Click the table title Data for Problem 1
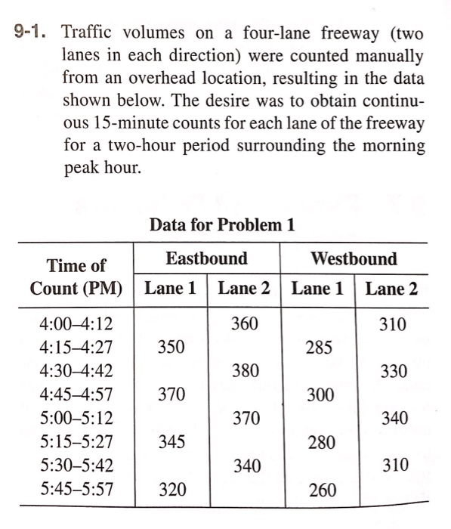click(222, 225)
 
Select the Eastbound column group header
click(206, 258)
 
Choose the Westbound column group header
click(354, 258)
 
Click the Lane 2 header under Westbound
click(391, 289)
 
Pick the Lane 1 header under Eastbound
click(171, 289)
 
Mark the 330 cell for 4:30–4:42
click(394, 371)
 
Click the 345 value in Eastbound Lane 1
click(171, 442)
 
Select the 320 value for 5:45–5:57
click(171, 489)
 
